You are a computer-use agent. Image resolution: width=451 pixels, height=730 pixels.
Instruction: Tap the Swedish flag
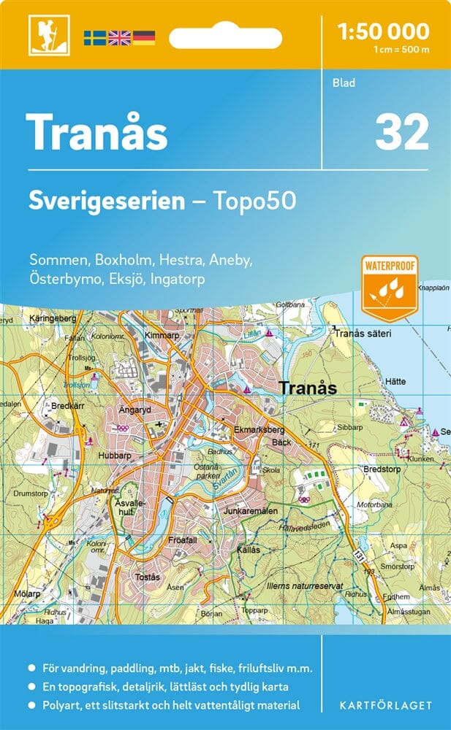(94, 36)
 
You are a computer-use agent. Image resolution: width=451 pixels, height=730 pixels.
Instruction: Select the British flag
(119, 36)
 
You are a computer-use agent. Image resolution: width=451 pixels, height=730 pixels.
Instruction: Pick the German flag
(144, 36)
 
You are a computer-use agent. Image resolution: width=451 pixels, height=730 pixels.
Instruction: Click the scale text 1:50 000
(384, 31)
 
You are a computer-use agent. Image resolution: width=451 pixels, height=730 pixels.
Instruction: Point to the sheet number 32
(401, 132)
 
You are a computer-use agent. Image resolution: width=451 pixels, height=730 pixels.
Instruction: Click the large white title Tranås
(97, 132)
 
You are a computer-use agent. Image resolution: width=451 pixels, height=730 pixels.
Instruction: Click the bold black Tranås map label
(308, 388)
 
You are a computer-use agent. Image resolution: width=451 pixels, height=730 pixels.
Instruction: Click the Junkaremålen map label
(251, 512)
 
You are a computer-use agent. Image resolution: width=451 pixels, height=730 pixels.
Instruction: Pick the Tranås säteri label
(363, 334)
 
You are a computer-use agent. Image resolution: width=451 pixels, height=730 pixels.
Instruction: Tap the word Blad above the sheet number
(344, 82)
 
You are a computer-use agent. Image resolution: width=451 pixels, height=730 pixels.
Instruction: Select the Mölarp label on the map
(27, 593)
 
